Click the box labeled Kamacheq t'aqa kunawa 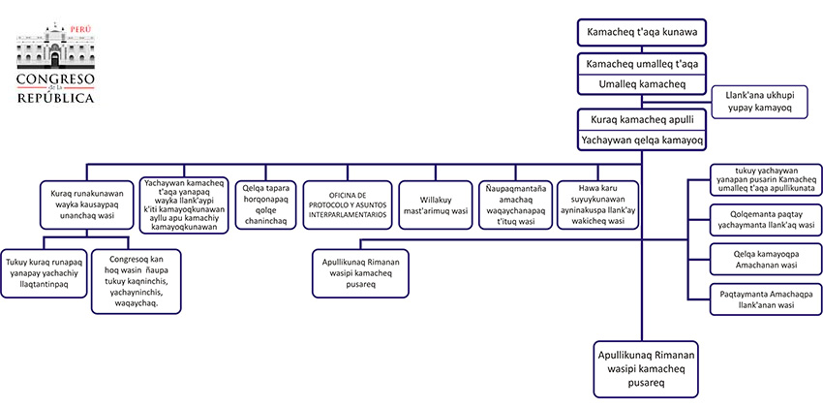pos(640,33)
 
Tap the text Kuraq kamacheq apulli pos(640,121)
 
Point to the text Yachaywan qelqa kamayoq pos(640,141)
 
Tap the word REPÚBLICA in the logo pos(55,98)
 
